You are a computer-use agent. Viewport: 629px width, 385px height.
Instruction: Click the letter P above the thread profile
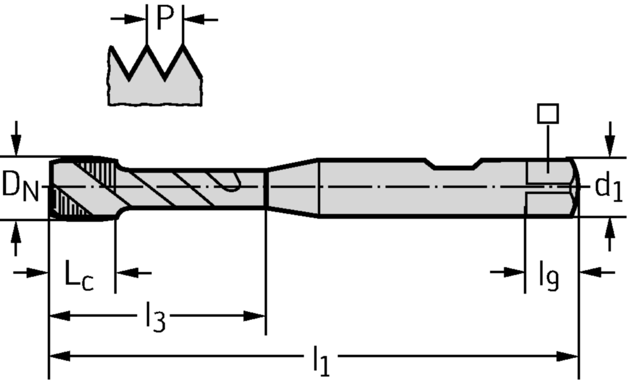coord(165,18)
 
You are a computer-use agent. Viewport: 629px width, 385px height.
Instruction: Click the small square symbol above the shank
coord(547,114)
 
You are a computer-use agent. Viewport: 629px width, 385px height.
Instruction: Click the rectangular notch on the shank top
coord(455,163)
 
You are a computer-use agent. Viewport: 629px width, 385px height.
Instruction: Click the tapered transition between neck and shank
coord(292,187)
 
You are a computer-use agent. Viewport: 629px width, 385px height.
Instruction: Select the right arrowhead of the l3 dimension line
coord(257,316)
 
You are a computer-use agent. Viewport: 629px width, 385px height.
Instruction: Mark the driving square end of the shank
coord(551,186)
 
